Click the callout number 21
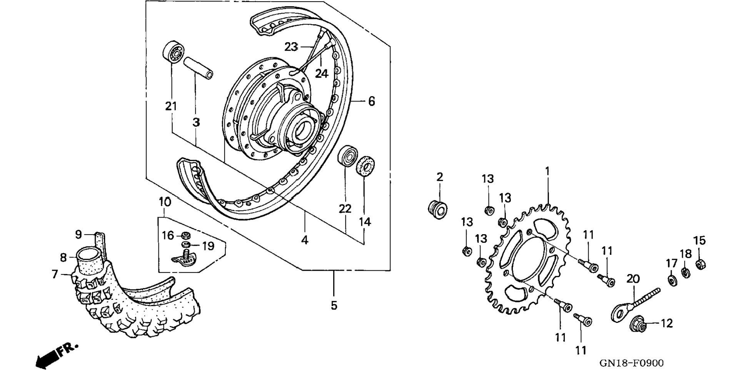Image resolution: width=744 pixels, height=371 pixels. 171,106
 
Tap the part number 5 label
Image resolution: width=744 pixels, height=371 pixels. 334,306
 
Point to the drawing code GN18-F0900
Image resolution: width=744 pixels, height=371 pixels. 631,363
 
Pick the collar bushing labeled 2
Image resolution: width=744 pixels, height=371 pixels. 438,210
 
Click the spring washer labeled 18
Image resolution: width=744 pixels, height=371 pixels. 685,272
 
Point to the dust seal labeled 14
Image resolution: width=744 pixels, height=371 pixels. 366,166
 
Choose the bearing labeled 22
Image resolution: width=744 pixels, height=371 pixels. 347,156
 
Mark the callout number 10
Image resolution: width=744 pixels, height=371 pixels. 165,202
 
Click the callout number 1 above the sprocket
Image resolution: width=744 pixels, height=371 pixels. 547,171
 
